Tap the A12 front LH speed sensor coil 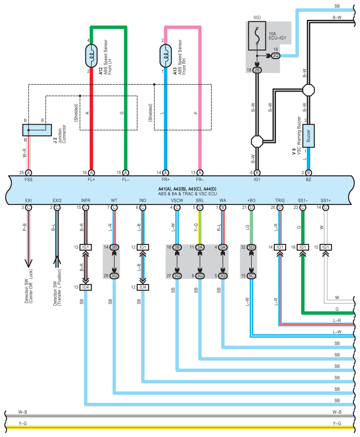(x=92, y=56)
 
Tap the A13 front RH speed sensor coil (x=166, y=56)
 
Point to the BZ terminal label (x=308, y=180)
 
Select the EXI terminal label (x=28, y=200)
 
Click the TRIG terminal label (x=279, y=200)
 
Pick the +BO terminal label (x=251, y=200)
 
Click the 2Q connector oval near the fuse (x=276, y=56)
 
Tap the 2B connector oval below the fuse (x=257, y=70)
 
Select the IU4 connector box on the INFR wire (x=86, y=287)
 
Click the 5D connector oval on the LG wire (x=251, y=247)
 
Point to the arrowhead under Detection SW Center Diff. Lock (x=28, y=264)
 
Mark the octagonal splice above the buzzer (x=308, y=89)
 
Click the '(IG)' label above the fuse (x=257, y=18)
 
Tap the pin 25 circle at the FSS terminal (x=28, y=172)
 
